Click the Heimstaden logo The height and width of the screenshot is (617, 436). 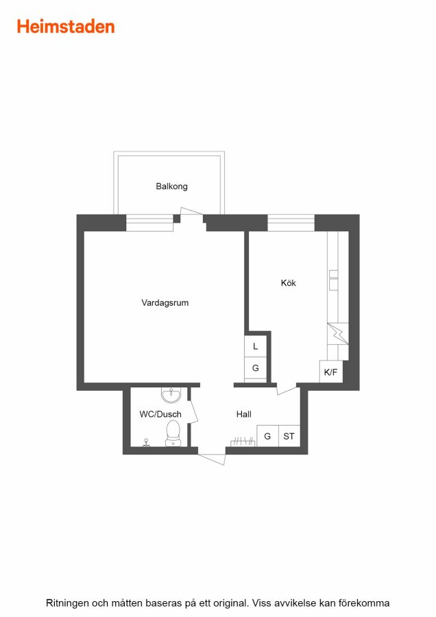tap(66, 27)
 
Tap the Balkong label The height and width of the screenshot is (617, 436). tap(171, 186)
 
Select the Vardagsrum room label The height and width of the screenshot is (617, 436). tap(165, 302)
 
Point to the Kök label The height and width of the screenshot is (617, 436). tap(289, 282)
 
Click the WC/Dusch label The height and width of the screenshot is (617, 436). tap(160, 414)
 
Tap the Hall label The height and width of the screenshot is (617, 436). tap(244, 414)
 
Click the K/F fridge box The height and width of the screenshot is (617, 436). tap(330, 372)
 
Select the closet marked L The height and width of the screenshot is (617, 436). tap(256, 346)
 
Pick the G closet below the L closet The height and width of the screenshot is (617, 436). tap(256, 368)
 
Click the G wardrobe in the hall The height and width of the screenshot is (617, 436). tap(267, 436)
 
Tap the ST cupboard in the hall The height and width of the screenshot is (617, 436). tap(289, 436)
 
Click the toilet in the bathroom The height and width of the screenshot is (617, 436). tap(173, 433)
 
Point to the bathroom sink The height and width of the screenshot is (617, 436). tap(171, 395)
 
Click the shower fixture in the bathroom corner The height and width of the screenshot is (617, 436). tap(147, 443)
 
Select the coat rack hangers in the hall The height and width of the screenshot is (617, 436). tap(243, 442)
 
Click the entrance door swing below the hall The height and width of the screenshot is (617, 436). tap(212, 458)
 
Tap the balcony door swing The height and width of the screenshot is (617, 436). tap(191, 211)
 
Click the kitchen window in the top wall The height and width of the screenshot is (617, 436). tap(291, 223)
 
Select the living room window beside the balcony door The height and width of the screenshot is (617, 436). tap(149, 223)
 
